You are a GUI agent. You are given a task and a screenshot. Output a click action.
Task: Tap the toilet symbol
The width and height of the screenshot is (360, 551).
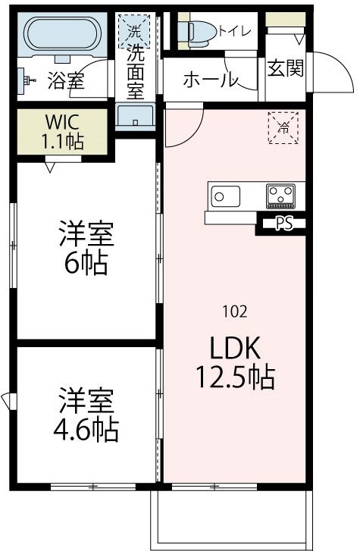(x=199, y=30)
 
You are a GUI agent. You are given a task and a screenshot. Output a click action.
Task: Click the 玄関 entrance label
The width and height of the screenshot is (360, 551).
(x=286, y=68)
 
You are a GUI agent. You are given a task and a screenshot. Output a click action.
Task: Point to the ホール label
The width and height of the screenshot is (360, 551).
(x=211, y=80)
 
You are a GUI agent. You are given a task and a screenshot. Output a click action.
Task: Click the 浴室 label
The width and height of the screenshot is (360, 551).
(x=64, y=79)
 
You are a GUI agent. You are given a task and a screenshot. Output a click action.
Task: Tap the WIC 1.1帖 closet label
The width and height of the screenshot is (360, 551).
(x=64, y=130)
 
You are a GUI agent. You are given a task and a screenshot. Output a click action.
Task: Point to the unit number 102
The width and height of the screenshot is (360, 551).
(x=234, y=310)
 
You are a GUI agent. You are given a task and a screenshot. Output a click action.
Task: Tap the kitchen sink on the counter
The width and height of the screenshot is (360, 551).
(x=219, y=196)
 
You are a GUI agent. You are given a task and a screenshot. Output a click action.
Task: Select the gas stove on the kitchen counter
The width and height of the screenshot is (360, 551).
(x=282, y=196)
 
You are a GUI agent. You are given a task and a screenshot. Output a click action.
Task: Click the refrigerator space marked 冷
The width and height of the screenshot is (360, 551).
(x=283, y=127)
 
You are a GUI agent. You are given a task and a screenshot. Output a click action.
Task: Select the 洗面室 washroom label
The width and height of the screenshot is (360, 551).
(x=135, y=70)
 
